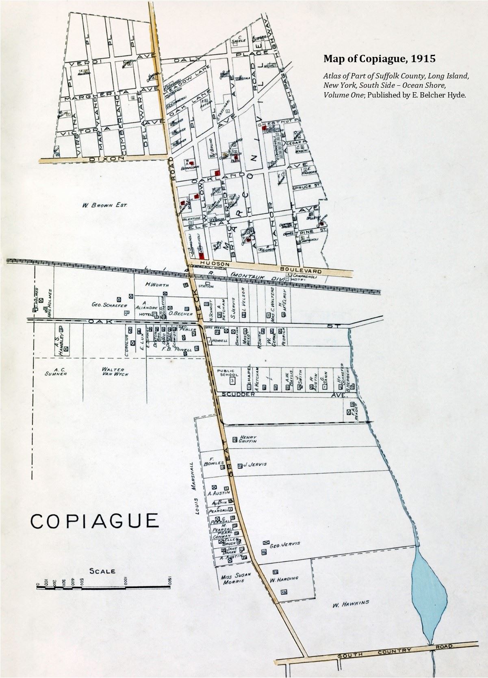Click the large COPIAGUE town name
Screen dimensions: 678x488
(95, 520)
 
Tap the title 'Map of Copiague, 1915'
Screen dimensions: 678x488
(379, 59)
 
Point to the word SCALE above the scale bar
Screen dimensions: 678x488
(102, 571)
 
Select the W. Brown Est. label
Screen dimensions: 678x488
(104, 205)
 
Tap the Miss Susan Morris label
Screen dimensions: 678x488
(236, 578)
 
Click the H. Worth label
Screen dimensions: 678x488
(157, 284)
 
